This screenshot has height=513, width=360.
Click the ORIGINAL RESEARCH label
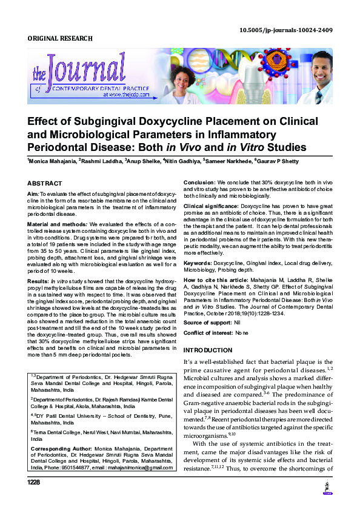pos(60,39)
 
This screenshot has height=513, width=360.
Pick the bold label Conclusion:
pos(199,183)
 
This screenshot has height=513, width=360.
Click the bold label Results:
pos(38,282)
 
